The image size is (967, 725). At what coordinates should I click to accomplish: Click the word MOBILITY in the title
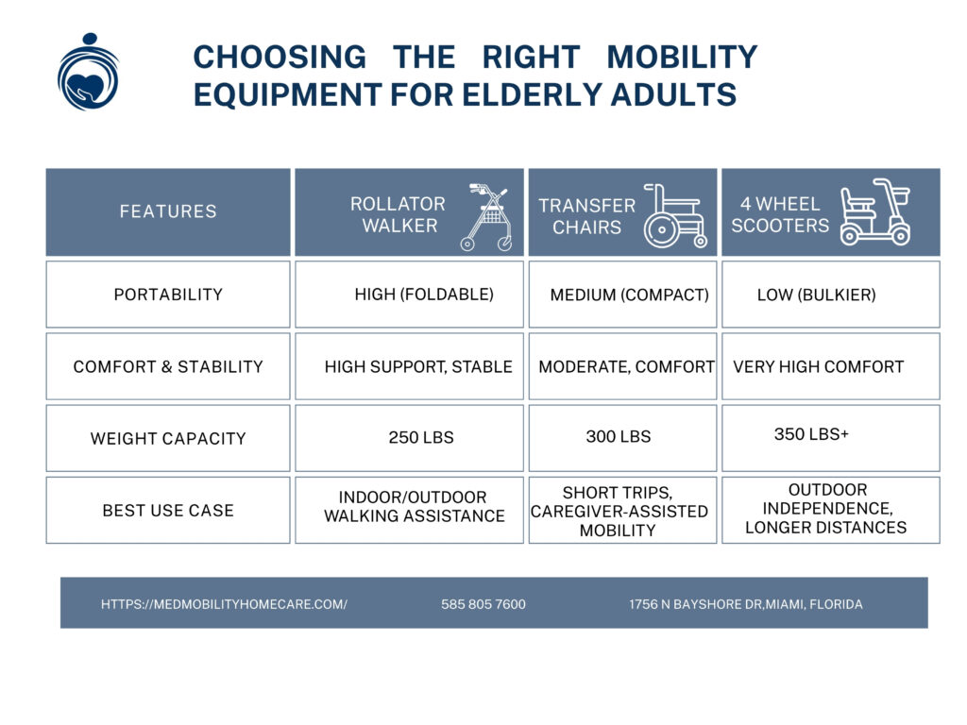point(682,57)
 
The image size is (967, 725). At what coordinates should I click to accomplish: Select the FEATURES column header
point(168,211)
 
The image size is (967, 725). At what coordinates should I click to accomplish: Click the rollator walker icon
point(489,217)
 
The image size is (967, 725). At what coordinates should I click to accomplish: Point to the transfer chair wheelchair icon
point(674,215)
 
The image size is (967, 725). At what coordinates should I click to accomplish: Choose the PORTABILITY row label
point(168,295)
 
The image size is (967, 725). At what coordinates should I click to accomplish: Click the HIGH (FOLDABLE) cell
point(424,295)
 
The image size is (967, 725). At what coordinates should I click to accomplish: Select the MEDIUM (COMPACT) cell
point(629,295)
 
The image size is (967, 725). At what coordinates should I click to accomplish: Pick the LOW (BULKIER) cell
point(816,295)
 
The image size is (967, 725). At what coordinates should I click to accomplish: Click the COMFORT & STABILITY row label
point(168,366)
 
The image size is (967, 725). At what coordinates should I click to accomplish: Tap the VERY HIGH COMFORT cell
point(818,366)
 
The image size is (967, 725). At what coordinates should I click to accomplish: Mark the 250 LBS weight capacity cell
point(421,438)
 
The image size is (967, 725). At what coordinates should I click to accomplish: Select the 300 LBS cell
point(618,437)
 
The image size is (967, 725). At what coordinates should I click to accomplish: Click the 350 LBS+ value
point(811,434)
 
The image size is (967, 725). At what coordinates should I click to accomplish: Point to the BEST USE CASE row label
point(168,510)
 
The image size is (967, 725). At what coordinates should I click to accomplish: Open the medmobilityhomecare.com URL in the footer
point(224,604)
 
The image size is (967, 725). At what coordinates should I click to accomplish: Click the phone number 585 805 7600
point(483,604)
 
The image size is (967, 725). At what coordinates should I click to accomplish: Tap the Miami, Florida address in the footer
point(745,604)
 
